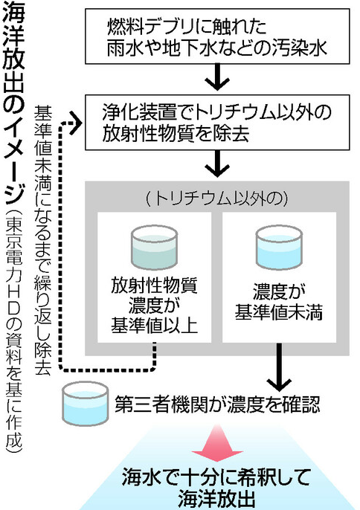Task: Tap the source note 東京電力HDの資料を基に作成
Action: [x=13, y=332]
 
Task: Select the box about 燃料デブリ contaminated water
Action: [x=217, y=36]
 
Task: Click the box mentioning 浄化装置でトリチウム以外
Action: [x=217, y=122]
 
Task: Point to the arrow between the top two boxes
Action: [x=217, y=77]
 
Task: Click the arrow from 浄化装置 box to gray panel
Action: [x=217, y=164]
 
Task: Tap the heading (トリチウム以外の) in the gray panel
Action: [x=217, y=198]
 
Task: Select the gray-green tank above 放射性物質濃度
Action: [x=154, y=247]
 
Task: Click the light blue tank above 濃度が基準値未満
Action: [x=279, y=247]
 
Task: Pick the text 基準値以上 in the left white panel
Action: [x=154, y=326]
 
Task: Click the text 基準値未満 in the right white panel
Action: [x=279, y=312]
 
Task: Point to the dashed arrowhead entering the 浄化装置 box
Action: [x=76, y=122]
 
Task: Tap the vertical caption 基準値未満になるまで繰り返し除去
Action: [x=42, y=240]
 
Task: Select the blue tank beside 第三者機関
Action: [x=86, y=404]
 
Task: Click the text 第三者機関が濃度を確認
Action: [x=217, y=404]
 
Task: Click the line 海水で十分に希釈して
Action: [x=216, y=478]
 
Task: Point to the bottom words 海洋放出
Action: [x=216, y=500]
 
